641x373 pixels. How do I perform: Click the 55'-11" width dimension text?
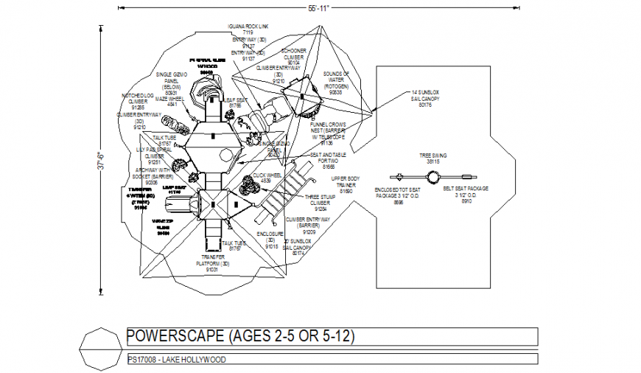[318, 7]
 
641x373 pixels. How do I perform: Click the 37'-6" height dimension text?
[102, 159]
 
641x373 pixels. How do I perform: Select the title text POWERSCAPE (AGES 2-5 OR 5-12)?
[241, 337]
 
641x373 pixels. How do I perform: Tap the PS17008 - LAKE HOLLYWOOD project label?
[177, 360]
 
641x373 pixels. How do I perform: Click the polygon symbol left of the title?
[97, 348]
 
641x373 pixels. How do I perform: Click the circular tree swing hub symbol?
[433, 176]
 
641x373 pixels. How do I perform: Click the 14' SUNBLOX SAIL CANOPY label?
[424, 100]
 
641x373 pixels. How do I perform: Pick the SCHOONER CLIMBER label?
[294, 59]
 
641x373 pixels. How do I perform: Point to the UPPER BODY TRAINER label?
[345, 184]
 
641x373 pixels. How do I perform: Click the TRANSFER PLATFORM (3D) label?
[212, 263]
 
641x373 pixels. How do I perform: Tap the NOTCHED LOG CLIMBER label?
[138, 101]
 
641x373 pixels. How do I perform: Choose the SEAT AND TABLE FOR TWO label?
[327, 160]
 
